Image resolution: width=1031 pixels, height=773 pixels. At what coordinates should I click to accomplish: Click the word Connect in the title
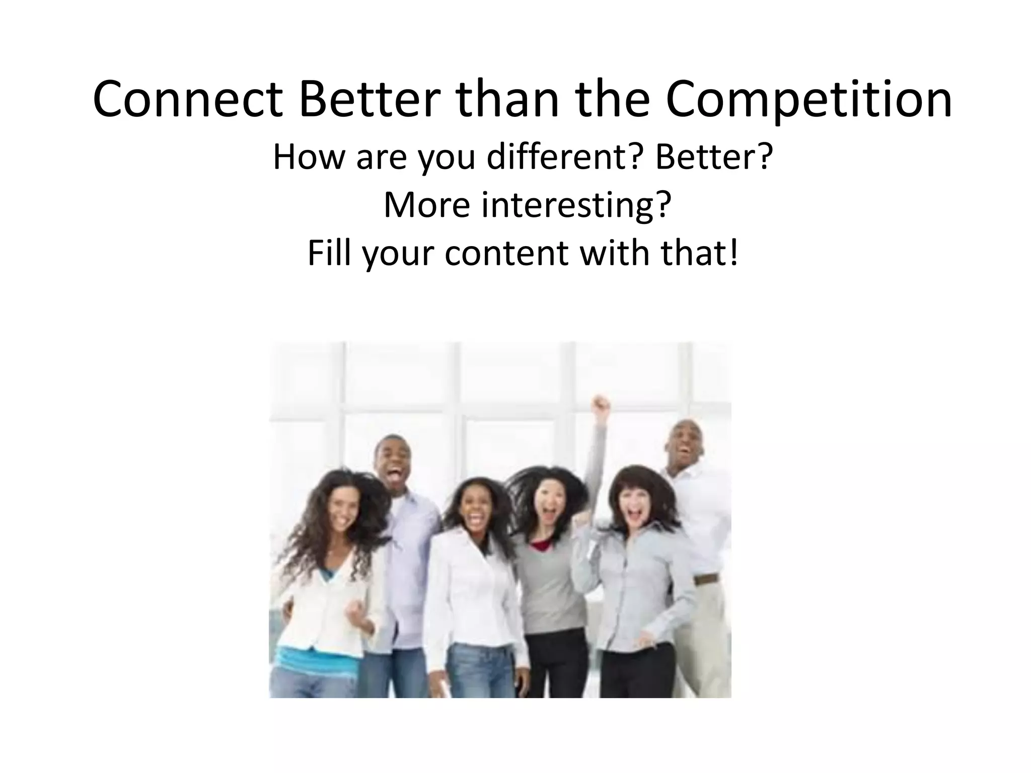coord(187,100)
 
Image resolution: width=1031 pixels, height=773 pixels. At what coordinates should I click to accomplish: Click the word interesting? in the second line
coord(576,205)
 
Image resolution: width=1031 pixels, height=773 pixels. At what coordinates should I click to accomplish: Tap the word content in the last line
coord(507,254)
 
